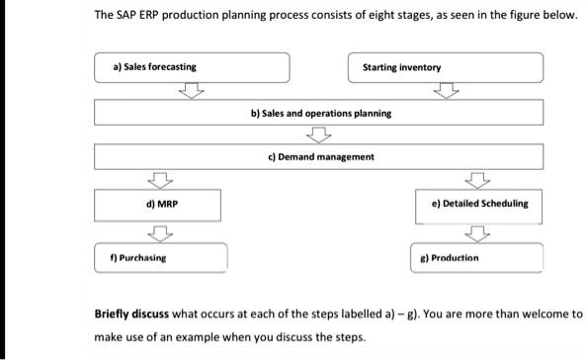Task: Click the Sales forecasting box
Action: coord(193,67)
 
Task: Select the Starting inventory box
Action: coord(446,67)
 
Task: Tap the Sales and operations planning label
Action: coord(320,113)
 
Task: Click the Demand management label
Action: coord(320,156)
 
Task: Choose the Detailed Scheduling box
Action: coord(477,204)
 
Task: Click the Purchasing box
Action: coord(160,257)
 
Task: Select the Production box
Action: coord(477,257)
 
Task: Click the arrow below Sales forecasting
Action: coord(192,91)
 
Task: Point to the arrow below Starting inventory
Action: coord(447,91)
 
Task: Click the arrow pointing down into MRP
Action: coord(156,180)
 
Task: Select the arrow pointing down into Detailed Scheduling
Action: coord(478,180)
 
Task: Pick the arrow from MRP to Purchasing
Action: coord(156,233)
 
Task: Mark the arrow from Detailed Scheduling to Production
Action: coord(478,233)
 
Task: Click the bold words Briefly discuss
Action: coord(132,315)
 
